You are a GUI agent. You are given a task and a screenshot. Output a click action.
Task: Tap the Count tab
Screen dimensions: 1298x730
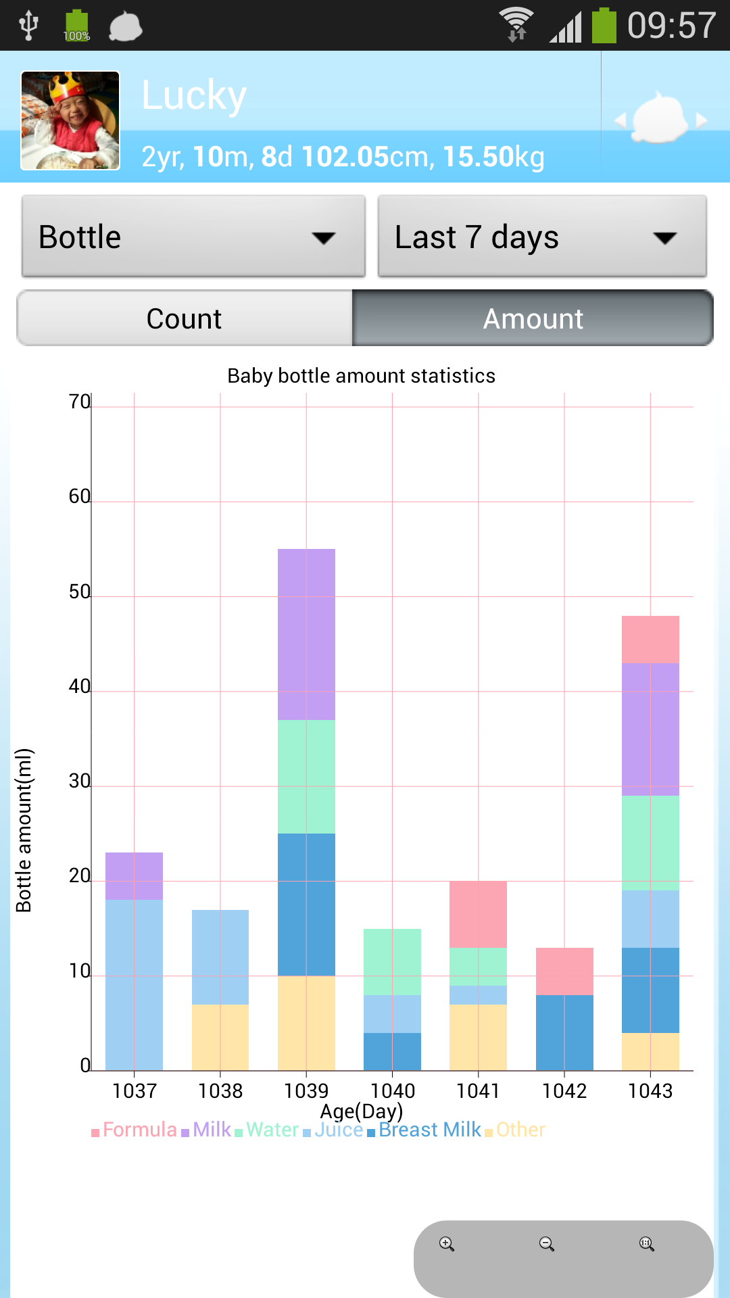point(185,318)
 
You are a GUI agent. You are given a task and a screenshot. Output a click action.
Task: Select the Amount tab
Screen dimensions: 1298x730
point(533,318)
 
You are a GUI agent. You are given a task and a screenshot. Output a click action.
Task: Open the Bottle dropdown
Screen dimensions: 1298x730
point(193,237)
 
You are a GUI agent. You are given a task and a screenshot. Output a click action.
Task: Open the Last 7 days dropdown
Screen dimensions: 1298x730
point(542,237)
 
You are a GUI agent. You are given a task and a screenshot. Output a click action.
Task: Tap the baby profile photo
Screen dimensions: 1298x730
point(70,120)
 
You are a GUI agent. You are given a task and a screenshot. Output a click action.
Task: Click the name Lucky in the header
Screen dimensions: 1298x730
point(194,95)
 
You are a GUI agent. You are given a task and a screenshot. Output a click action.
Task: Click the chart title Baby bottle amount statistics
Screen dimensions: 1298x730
point(361,376)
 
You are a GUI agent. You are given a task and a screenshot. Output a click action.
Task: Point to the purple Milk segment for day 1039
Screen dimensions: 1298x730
point(306,634)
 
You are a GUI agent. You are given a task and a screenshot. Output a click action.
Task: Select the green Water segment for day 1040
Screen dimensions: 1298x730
point(392,961)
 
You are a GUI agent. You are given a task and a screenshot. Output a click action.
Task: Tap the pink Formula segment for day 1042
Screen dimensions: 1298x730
point(564,971)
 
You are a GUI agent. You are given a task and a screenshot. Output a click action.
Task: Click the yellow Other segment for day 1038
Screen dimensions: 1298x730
point(220,1037)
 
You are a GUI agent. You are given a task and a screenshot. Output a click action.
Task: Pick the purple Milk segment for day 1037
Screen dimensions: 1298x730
point(134,875)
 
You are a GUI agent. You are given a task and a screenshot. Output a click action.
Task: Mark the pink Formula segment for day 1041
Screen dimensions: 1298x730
point(478,914)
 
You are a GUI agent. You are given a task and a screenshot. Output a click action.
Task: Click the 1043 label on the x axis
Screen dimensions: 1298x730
point(650,1090)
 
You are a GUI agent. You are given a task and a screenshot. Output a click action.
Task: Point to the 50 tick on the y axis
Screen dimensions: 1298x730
point(79,592)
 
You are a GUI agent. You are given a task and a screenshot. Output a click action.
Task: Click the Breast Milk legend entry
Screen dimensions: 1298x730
point(430,1130)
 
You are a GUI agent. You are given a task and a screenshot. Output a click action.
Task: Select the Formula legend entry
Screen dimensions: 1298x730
point(139,1130)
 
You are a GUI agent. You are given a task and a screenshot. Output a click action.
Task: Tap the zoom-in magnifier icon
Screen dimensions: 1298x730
point(447,1244)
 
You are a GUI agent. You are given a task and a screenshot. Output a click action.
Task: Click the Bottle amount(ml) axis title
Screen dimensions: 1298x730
point(24,830)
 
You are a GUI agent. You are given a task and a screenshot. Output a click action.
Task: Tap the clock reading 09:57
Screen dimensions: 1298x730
point(671,26)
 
